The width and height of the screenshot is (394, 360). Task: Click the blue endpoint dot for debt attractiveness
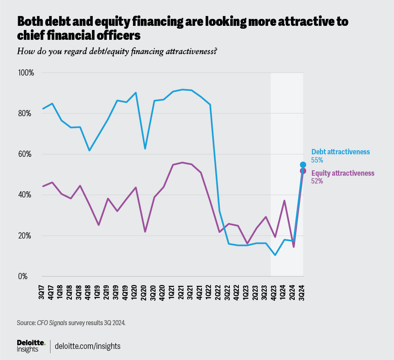(x=303, y=165)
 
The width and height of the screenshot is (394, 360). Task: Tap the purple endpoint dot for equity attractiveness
(x=303, y=171)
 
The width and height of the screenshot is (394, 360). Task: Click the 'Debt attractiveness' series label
(x=341, y=152)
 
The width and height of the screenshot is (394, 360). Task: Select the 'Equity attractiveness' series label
(x=343, y=173)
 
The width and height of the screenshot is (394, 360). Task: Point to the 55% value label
(x=317, y=160)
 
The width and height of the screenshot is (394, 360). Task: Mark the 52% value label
(x=317, y=181)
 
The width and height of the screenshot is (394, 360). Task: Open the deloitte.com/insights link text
(x=88, y=346)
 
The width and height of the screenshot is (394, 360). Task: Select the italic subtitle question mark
(x=215, y=51)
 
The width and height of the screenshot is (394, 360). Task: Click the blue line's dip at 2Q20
(x=145, y=149)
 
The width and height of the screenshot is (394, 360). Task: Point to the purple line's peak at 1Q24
(x=284, y=201)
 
